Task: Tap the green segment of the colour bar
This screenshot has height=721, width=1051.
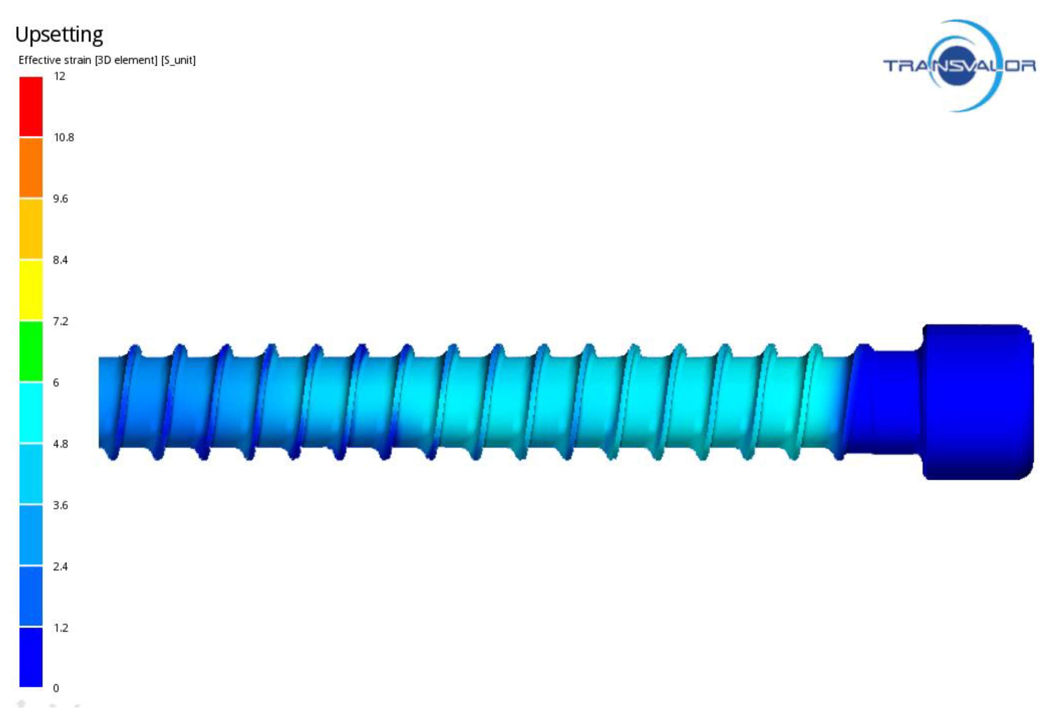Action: click(x=31, y=351)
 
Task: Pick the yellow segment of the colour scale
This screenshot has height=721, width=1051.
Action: click(x=31, y=289)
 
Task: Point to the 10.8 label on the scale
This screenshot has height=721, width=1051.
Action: click(x=63, y=137)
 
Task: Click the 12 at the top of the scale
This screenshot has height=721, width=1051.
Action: click(x=59, y=76)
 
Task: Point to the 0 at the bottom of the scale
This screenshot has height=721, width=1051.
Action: click(x=56, y=688)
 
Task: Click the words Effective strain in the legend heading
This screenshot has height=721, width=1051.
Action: click(x=55, y=60)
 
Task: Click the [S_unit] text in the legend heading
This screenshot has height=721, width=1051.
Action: click(x=178, y=60)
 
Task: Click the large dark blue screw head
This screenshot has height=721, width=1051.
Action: click(x=977, y=402)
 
